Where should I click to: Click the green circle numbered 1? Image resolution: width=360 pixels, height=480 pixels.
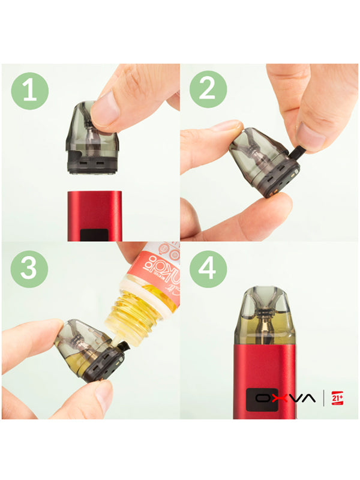click(28, 91)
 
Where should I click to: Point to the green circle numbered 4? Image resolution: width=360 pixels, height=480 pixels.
click(208, 268)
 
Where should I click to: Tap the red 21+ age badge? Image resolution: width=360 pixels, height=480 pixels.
click(337, 397)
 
